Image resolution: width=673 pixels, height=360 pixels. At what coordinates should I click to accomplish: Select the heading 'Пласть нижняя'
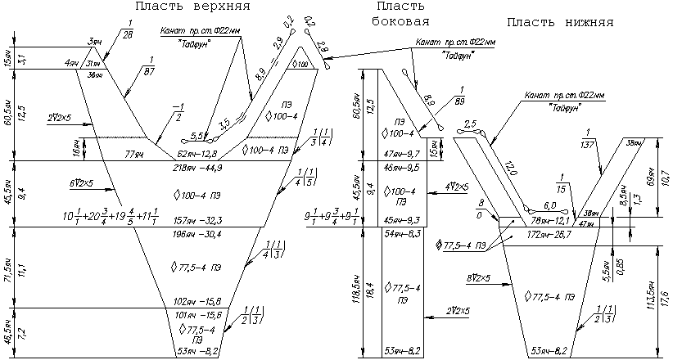[x=560, y=22]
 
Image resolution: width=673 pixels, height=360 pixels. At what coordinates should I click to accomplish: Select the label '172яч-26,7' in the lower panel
[x=550, y=235]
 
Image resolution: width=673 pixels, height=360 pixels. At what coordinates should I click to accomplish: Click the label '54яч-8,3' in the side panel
[x=403, y=234]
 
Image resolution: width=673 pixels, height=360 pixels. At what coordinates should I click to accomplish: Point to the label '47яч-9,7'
[x=403, y=154]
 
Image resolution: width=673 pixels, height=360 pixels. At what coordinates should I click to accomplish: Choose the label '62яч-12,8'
[x=196, y=154]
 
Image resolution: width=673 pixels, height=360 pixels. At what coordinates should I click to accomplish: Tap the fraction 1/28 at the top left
[x=127, y=31]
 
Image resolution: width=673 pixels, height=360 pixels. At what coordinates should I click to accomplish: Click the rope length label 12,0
[x=511, y=169]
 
